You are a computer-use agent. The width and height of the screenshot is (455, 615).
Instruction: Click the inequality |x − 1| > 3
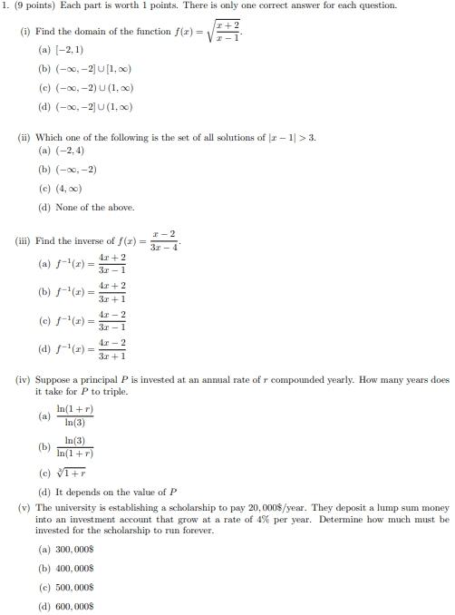[286, 137]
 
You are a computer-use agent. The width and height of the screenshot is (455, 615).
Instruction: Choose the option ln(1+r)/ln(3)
[74, 416]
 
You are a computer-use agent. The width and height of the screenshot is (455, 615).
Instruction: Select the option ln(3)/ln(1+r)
[74, 446]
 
